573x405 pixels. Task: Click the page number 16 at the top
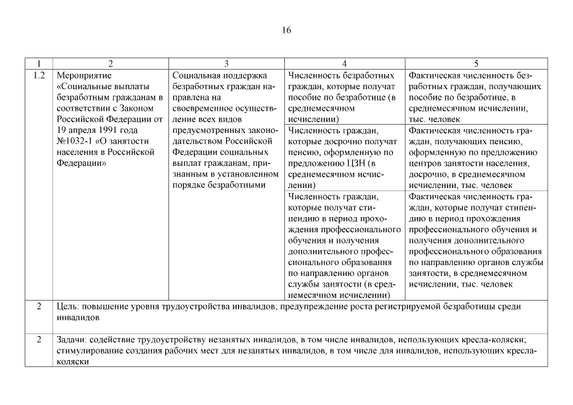[287, 30]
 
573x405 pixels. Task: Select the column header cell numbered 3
[226, 63]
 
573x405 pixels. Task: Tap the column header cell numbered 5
[476, 63]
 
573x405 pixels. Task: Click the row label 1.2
[39, 75]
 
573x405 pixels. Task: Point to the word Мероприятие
[84, 75]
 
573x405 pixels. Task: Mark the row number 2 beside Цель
[39, 306]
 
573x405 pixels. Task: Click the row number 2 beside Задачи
[39, 339]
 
